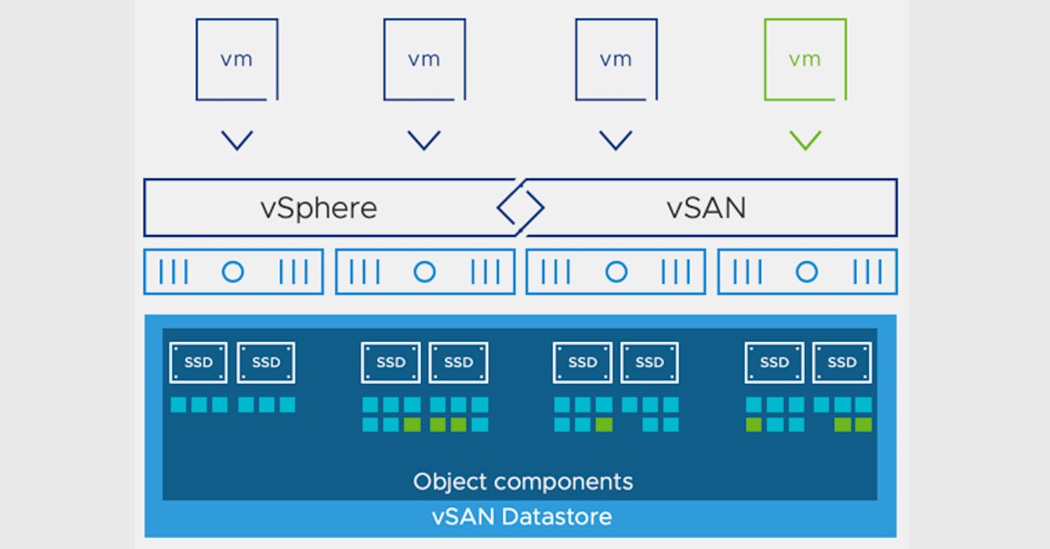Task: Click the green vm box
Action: (805, 59)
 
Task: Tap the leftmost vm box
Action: (237, 59)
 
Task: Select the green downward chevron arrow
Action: (805, 140)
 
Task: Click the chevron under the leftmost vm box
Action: (237, 140)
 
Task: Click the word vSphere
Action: (318, 208)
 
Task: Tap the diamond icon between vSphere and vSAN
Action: (521, 208)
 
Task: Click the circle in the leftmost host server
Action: (233, 272)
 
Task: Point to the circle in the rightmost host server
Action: (807, 272)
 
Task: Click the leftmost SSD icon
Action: (199, 362)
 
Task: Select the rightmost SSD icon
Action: (842, 362)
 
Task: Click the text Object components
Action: (522, 481)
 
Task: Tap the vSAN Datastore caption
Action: (521, 516)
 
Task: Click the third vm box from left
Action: (616, 59)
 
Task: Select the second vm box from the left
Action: (424, 59)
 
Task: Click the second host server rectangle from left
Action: (424, 272)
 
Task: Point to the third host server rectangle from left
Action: (616, 272)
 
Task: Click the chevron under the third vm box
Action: (616, 140)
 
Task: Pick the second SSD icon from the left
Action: (266, 362)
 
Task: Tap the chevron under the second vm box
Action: (424, 140)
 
